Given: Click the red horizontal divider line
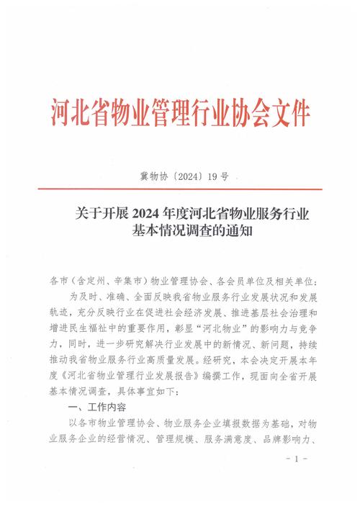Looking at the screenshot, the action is click(180, 189).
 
